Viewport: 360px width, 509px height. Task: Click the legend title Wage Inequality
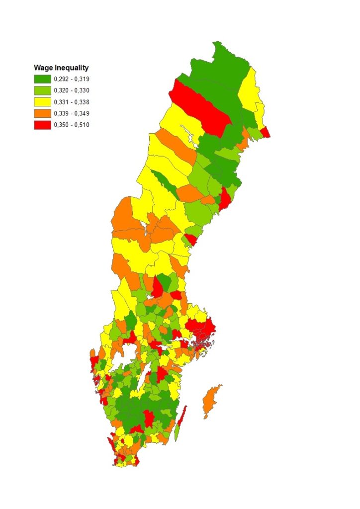(61, 68)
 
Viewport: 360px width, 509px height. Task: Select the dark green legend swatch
(42, 79)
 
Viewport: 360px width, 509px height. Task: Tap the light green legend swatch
(42, 90)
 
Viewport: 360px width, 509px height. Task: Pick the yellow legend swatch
(42, 102)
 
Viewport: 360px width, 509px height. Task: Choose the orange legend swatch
(42, 113)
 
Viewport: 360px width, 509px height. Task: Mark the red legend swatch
(42, 125)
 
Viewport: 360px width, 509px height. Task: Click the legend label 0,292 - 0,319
(72, 79)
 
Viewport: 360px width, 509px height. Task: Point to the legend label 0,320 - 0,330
(72, 90)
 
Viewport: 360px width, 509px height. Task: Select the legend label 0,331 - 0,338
(72, 102)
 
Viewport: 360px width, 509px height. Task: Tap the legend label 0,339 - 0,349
(72, 113)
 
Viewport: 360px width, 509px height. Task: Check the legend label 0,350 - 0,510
(72, 125)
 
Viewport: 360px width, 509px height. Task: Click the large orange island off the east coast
(210, 403)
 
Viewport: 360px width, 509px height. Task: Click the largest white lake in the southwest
(117, 355)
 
